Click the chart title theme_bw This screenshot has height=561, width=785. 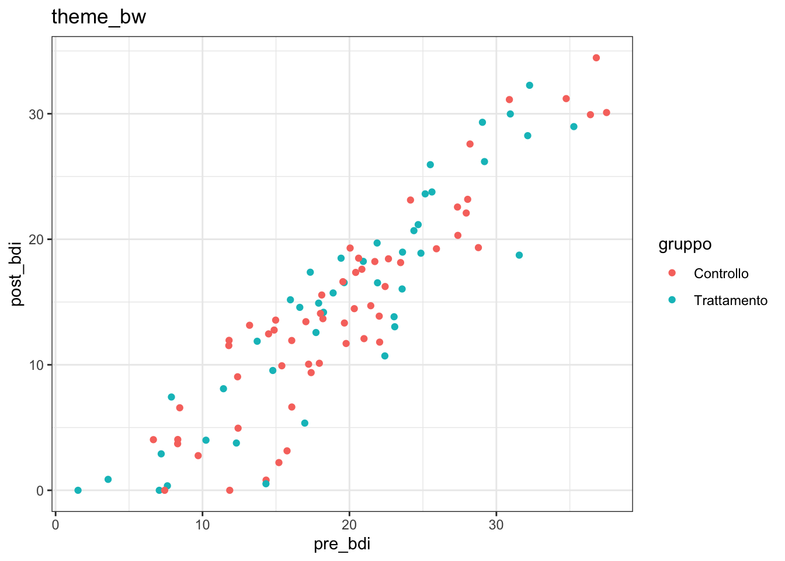[x=99, y=17]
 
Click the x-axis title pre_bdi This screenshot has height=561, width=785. [x=342, y=544]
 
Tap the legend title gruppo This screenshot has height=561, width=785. [x=685, y=244]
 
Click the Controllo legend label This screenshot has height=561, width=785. [x=721, y=273]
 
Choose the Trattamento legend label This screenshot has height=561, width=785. [x=730, y=300]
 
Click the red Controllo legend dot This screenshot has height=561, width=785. [x=672, y=273]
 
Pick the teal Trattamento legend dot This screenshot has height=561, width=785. [x=672, y=300]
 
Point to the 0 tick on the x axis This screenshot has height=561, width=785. [x=55, y=524]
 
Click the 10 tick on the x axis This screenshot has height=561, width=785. [x=202, y=524]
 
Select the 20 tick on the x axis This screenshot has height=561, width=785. [x=349, y=524]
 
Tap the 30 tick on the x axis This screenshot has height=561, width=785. [x=496, y=524]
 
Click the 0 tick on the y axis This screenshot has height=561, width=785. [x=40, y=491]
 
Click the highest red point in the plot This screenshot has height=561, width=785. [x=596, y=58]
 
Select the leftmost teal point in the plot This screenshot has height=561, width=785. [x=78, y=490]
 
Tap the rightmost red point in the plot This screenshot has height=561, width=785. [x=606, y=113]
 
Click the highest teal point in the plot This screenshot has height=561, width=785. [x=529, y=85]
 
